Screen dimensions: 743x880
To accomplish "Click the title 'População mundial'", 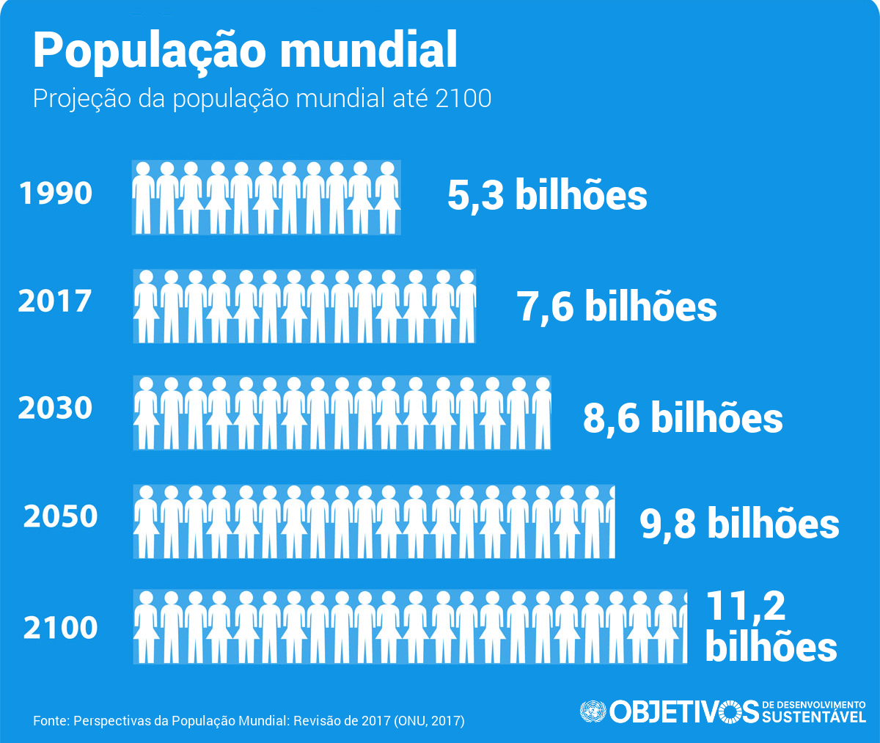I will click(x=245, y=50).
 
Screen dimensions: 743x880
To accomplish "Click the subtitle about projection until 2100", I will click(x=262, y=98).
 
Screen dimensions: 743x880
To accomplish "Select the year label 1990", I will click(x=56, y=194).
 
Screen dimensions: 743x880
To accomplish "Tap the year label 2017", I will click(x=55, y=301).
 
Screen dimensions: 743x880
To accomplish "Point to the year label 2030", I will click(x=55, y=408).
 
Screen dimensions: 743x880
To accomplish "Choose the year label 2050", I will click(x=60, y=516).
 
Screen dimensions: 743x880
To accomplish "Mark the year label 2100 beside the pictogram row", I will click(x=60, y=628).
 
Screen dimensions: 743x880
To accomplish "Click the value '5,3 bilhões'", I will click(x=547, y=196).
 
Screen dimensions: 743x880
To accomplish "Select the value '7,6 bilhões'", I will click(x=617, y=306).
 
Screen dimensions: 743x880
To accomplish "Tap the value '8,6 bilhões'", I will click(x=683, y=417).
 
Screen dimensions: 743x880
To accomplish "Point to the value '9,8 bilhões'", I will click(x=739, y=524).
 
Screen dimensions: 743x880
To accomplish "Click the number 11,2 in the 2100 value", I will click(x=745, y=606).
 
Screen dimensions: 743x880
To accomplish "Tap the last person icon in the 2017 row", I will click(x=466, y=306).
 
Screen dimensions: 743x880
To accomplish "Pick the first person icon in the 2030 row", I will click(x=146, y=413).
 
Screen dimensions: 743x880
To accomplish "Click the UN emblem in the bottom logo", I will click(x=593, y=711).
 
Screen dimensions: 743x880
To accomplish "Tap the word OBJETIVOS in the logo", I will click(x=683, y=711).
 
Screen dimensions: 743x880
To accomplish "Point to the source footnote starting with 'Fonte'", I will click(x=249, y=720).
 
